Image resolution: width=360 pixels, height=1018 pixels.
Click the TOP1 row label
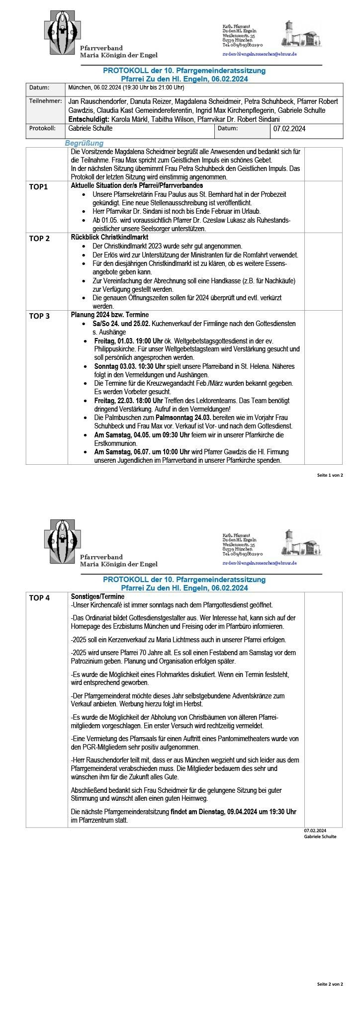[38, 187]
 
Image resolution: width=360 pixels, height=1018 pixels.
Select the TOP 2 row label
[39, 239]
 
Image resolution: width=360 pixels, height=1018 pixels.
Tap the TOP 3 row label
[39, 316]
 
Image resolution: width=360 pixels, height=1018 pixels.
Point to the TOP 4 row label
[39, 598]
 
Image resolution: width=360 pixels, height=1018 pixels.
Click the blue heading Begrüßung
[84, 143]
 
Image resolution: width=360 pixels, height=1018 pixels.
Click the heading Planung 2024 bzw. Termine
[110, 315]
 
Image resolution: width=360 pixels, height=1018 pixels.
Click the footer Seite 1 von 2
[330, 475]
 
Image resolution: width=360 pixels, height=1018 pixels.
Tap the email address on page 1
[260, 54]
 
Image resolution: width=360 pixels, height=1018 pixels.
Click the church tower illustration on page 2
[288, 541]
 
